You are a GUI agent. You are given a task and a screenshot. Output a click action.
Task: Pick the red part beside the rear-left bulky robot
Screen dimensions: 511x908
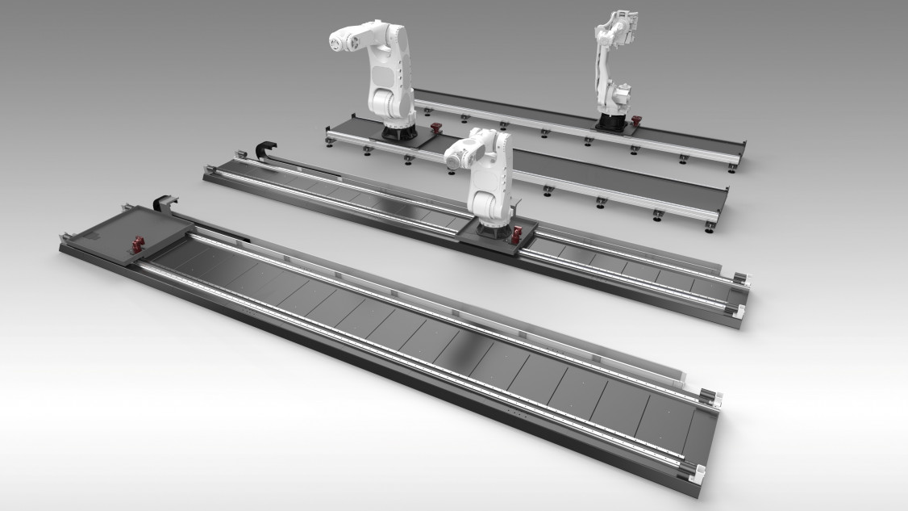[x=435, y=129]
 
